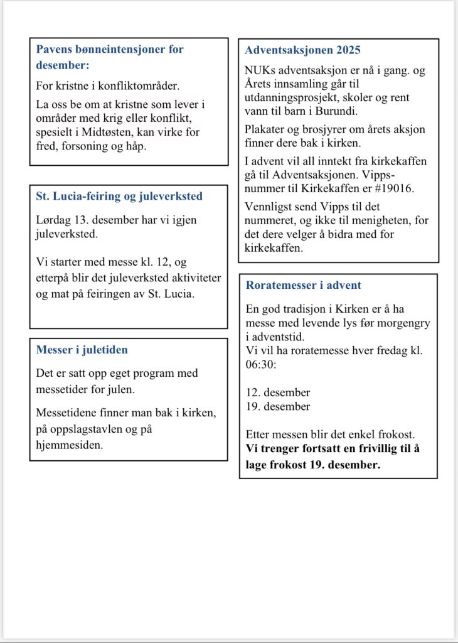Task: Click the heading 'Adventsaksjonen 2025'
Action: [x=302, y=50]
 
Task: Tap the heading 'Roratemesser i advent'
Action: [x=304, y=285]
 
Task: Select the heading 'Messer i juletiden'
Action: [x=82, y=350]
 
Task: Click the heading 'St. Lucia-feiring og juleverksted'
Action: [x=119, y=196]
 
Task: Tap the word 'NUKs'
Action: [x=258, y=70]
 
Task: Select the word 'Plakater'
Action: [x=266, y=129]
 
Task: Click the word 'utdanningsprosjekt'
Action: [x=293, y=97]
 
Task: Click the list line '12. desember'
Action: [x=277, y=392]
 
